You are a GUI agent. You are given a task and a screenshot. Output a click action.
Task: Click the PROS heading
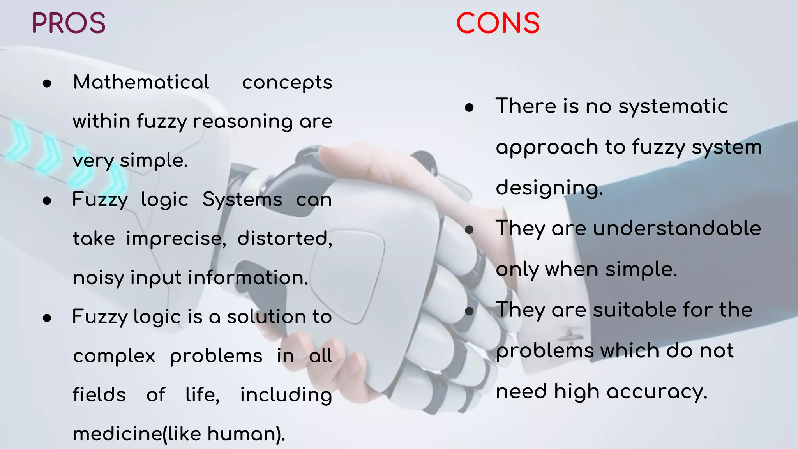tap(69, 23)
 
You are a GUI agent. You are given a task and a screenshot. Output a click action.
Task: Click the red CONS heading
tap(498, 23)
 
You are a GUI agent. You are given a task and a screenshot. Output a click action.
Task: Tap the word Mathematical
tap(141, 82)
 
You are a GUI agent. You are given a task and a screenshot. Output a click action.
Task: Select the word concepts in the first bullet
tap(287, 83)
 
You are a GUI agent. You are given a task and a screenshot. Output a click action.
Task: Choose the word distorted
tap(284, 239)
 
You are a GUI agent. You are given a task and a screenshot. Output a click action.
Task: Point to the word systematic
tap(673, 106)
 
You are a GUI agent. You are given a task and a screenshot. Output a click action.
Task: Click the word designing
tap(549, 188)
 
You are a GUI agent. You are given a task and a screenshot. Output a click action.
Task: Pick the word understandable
tap(677, 228)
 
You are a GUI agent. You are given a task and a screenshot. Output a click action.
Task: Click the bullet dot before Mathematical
tap(47, 83)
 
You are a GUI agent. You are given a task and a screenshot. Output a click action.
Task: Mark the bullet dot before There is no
tap(469, 108)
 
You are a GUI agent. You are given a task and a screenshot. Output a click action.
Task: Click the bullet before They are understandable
tap(469, 230)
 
